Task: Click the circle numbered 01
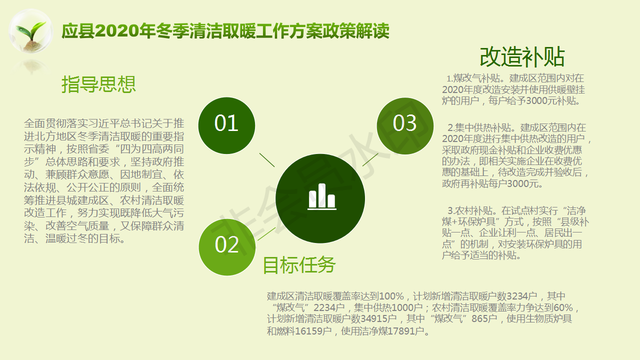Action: click(x=226, y=125)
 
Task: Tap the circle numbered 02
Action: click(x=227, y=247)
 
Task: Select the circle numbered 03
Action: click(x=405, y=126)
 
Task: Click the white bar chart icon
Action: click(x=321, y=197)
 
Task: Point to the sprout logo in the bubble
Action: click(x=31, y=31)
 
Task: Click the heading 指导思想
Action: click(x=98, y=84)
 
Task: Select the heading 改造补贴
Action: click(x=522, y=57)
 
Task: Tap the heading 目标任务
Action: click(x=299, y=265)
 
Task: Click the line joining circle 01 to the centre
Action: click(x=267, y=160)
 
